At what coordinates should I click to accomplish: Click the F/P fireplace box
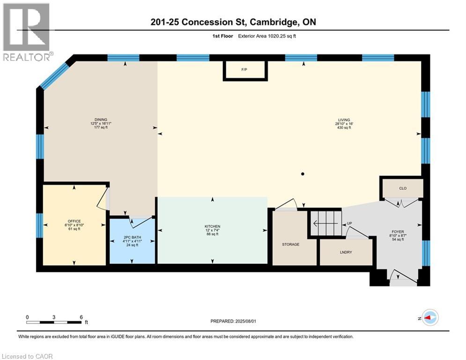coord(244,70)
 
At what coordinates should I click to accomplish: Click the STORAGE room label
coord(290,244)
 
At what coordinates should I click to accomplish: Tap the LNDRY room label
coord(346,253)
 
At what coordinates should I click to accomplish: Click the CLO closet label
coord(402,188)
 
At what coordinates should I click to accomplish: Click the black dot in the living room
coord(303,174)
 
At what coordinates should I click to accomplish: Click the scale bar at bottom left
coord(54,322)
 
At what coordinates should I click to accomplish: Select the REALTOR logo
coord(27,32)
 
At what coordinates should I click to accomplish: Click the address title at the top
coord(232,22)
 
